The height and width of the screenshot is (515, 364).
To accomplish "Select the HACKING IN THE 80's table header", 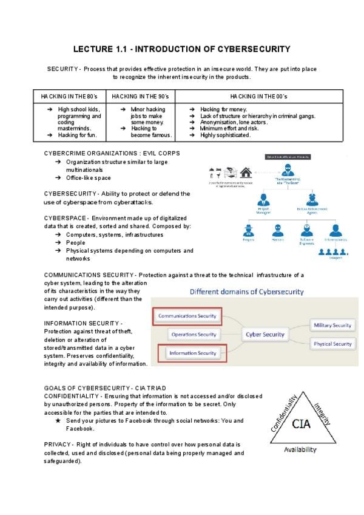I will (69, 97).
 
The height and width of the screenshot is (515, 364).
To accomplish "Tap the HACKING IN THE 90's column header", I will (140, 97).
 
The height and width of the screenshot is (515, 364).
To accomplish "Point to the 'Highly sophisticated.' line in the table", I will (225, 135).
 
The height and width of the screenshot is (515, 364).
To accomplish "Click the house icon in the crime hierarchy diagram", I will (246, 172).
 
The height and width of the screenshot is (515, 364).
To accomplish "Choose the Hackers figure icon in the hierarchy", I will (278, 231).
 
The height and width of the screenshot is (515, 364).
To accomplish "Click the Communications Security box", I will (187, 316).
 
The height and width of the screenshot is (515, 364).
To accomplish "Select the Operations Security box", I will (194, 334).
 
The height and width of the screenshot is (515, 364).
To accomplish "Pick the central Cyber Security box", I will (265, 334).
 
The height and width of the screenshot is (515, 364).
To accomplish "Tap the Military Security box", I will (332, 325).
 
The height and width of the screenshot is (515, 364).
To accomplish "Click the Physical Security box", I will (332, 344).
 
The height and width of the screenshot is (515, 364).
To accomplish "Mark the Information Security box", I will (192, 353).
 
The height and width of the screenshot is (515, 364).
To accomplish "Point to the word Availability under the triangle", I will (300, 450).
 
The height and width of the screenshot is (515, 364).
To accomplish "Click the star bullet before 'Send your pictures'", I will (58, 420).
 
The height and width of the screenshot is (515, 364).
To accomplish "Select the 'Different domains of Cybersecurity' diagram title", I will (246, 292).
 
